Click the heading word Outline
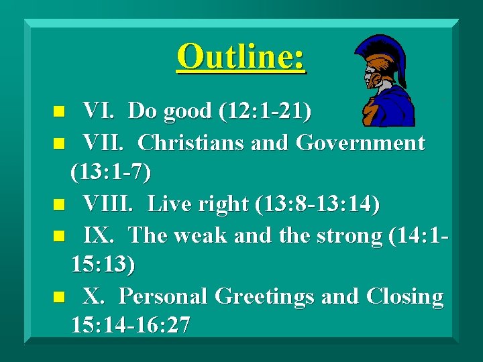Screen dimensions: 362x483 [x=241, y=56]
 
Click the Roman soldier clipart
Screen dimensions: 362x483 [x=384, y=80]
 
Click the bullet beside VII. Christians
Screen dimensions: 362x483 [x=59, y=143]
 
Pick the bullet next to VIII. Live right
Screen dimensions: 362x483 [x=59, y=204]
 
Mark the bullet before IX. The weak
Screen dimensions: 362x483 [x=59, y=235]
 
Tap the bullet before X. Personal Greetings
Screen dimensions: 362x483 [x=59, y=296]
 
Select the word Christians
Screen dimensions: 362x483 [x=187, y=143]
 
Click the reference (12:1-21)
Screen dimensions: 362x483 [x=264, y=111]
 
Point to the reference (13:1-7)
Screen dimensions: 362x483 [x=111, y=173]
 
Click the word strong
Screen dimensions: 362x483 [x=342, y=235]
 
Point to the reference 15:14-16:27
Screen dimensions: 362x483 [x=131, y=326]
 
